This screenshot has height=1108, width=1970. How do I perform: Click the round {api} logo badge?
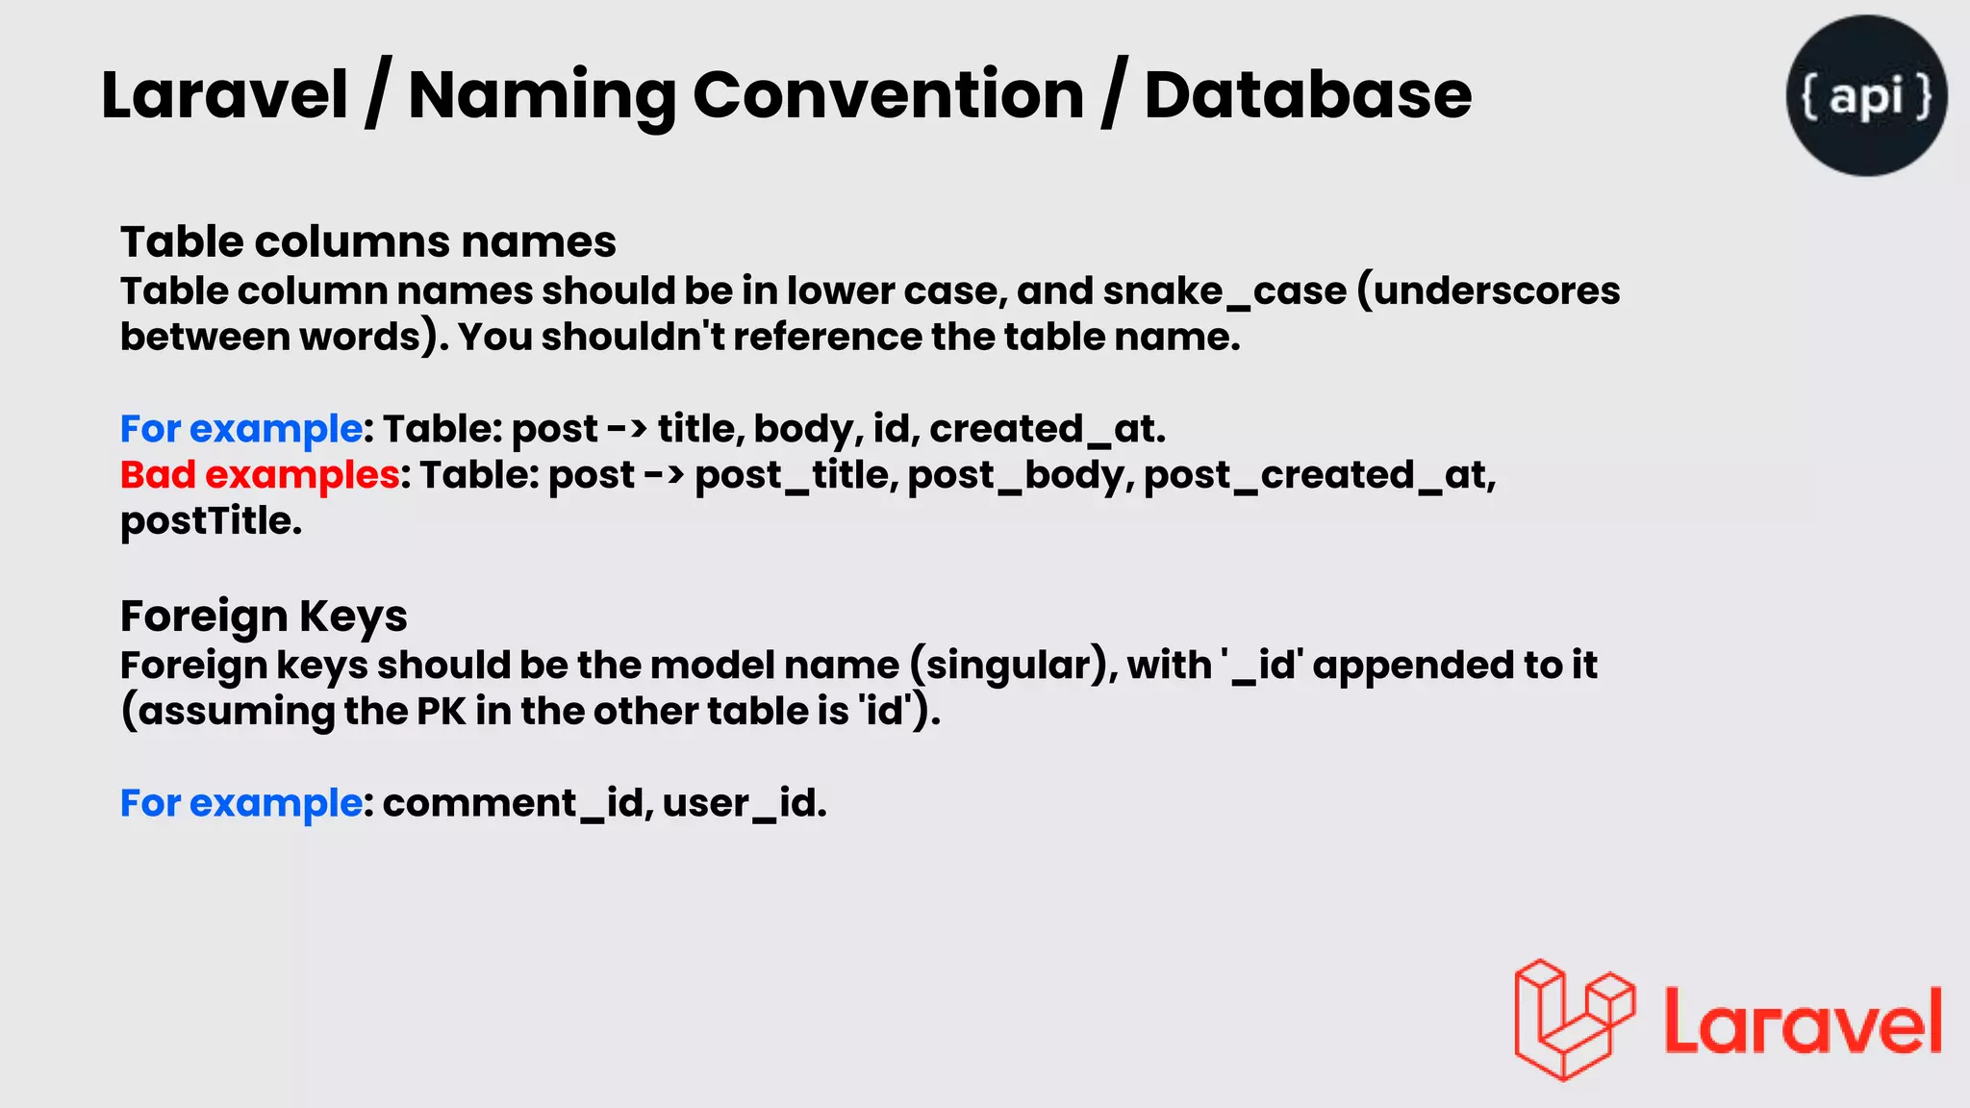point(1866,95)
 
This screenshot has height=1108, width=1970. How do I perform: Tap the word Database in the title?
point(1307,95)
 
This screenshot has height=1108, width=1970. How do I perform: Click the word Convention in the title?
point(888,95)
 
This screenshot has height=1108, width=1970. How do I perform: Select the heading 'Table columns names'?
point(367,241)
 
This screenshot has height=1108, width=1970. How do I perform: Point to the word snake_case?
point(1225,290)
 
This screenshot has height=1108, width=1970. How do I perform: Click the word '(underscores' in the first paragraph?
point(1488,290)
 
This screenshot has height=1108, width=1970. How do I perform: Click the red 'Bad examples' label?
point(260,474)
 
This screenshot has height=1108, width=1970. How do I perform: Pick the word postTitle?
point(211,520)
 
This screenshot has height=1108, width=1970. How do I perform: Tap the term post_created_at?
point(1318,474)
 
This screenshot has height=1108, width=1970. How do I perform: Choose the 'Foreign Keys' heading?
point(264,616)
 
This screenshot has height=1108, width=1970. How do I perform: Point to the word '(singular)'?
point(1012,665)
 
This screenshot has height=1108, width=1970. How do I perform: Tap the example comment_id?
point(513,803)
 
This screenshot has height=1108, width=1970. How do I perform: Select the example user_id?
point(743,803)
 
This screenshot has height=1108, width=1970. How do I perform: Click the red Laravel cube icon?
point(1574,1020)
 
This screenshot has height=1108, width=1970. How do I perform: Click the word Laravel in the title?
point(223,95)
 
